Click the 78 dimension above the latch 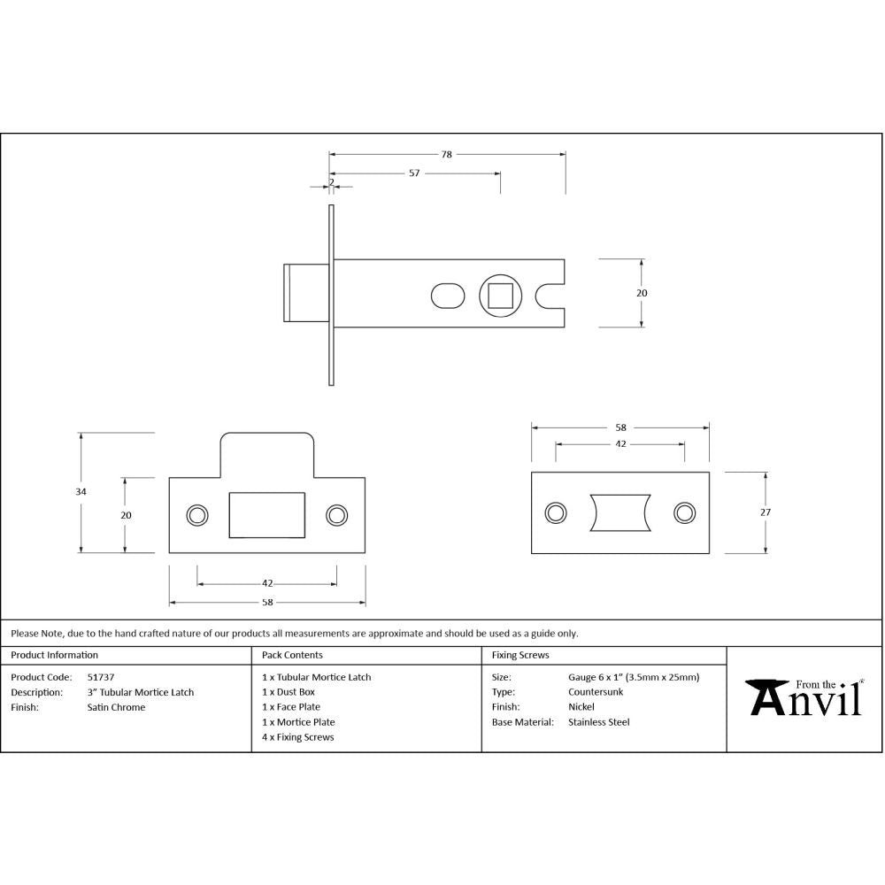pos(447,155)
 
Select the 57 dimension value pos(414,173)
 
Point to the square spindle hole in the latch pos(501,295)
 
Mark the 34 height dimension pos(81,492)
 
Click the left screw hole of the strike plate pos(196,515)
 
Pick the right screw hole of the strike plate pos(336,515)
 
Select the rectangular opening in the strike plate pos(266,515)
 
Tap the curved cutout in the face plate pos(619,513)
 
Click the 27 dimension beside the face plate pos(766,512)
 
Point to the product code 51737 pos(100,677)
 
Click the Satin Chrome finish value pos(116,707)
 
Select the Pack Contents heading pos(292,656)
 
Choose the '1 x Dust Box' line pos(289,692)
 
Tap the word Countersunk pos(596,692)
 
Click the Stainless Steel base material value pos(599,722)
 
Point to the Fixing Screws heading pos(520,656)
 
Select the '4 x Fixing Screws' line pos(298,737)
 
